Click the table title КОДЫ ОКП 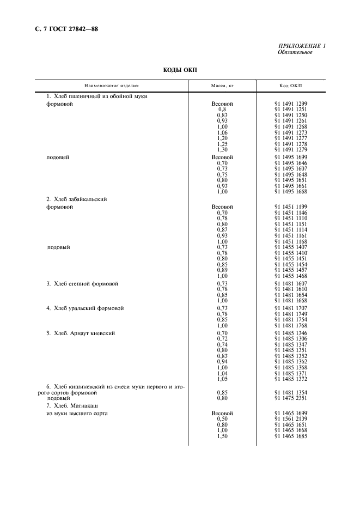[181, 70]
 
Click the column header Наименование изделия [112, 86]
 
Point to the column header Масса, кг [222, 86]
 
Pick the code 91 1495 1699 [291, 157]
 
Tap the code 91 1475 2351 [291, 398]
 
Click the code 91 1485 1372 [291, 379]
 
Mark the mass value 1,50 [222, 436]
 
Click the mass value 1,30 [222, 149]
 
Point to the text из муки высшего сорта [77, 414]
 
